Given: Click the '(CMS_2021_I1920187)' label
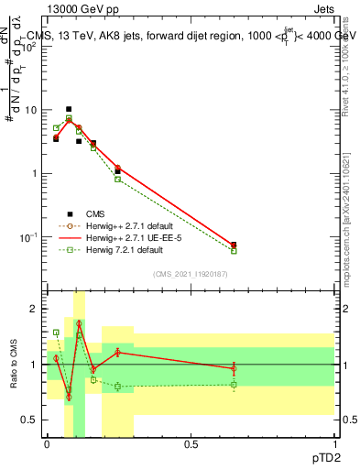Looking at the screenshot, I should (x=190, y=273).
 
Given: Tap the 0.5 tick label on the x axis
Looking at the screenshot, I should (x=191, y=443).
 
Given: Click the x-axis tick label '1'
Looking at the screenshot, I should (x=333, y=443).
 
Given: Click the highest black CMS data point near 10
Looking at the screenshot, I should (x=68, y=109).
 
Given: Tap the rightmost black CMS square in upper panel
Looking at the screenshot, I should (x=234, y=245).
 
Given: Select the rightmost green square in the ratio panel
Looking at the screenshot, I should (x=234, y=385).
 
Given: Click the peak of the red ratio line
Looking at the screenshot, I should (x=79, y=323).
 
